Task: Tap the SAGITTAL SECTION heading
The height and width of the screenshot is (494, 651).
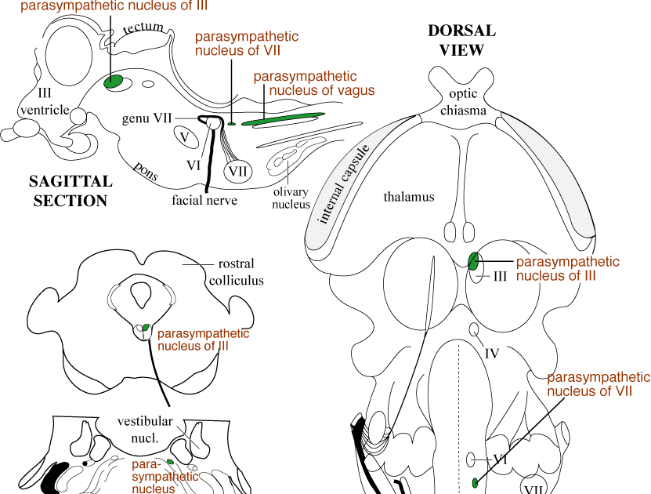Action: pos(70,191)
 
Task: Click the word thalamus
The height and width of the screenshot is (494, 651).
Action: pos(408,197)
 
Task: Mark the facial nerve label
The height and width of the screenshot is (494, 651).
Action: pos(204,200)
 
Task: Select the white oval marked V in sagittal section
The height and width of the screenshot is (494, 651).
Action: pos(185,136)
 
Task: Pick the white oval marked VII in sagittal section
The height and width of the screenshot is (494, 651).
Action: pos(238,170)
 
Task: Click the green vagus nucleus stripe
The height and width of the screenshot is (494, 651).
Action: pos(282,118)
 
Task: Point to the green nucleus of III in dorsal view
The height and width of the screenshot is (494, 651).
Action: pos(473,260)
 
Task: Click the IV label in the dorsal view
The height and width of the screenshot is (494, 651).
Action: pos(492,352)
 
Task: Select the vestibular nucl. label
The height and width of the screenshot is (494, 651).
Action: pos(144,427)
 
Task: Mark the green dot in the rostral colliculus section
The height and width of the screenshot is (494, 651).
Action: pos(145,326)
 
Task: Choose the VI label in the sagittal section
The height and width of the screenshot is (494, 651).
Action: pos(194,165)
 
